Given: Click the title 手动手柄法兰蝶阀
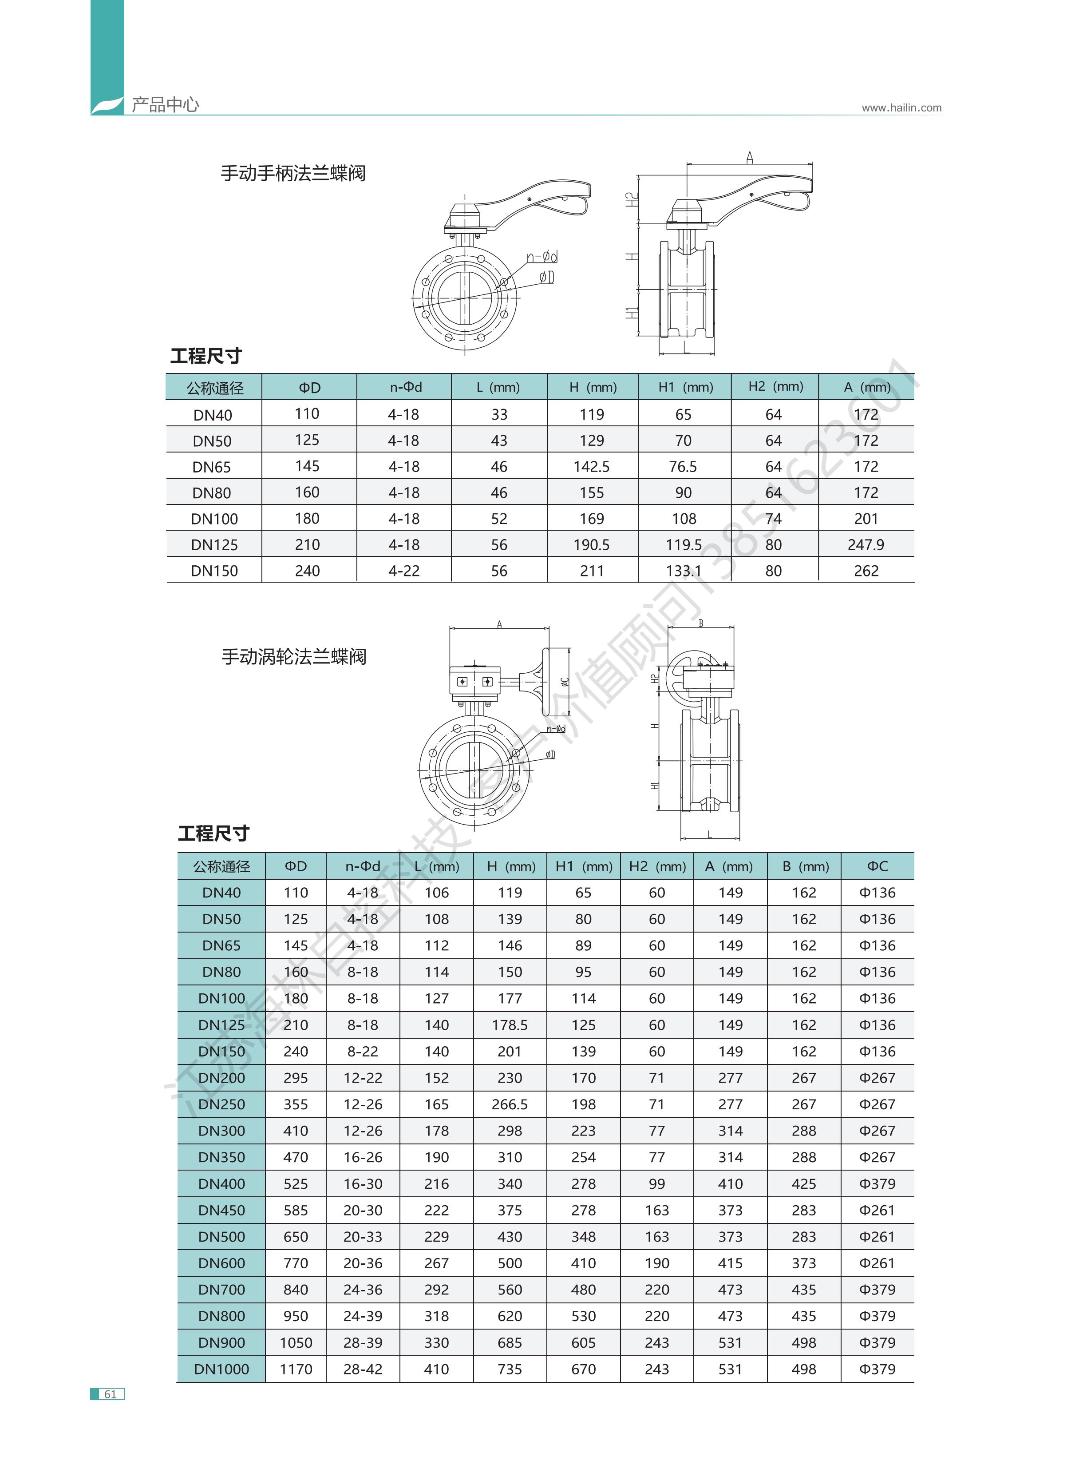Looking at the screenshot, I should [293, 174].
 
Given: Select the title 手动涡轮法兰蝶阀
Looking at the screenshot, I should [293, 657].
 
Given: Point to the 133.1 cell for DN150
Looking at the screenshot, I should [683, 571].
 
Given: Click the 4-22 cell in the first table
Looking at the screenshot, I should [403, 571].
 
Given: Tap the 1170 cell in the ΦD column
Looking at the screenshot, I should [296, 1369].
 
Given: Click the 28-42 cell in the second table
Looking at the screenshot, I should [363, 1369].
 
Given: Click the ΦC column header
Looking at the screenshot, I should [877, 866].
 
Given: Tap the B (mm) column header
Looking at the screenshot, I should [805, 866].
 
